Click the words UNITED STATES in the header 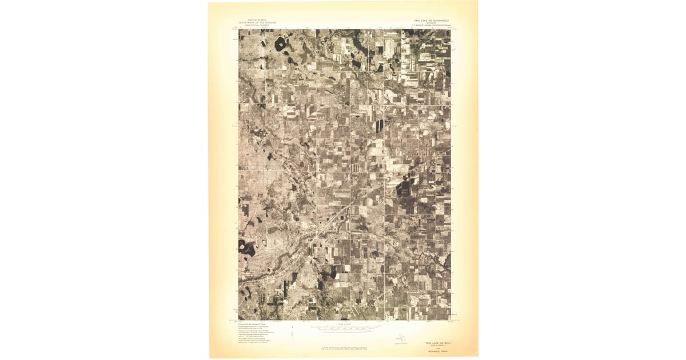click(x=257, y=20)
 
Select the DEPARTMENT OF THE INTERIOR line click(x=257, y=23)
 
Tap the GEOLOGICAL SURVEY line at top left click(x=257, y=26)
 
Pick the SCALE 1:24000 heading click(x=344, y=324)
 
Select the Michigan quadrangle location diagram click(x=400, y=341)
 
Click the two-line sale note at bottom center click(x=344, y=348)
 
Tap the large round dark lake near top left click(x=280, y=43)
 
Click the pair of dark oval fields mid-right click(x=380, y=126)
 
